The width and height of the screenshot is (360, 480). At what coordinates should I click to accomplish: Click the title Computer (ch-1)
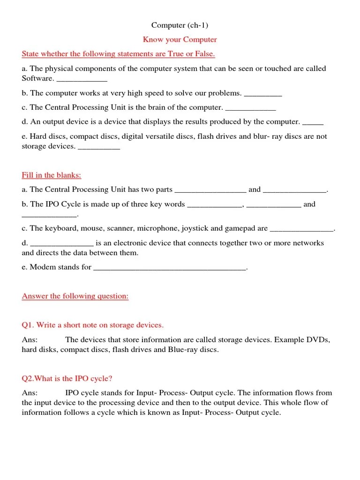click(180, 25)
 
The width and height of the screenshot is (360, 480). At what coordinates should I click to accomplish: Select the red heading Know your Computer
click(180, 39)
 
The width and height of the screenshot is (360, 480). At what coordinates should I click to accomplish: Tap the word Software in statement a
click(37, 78)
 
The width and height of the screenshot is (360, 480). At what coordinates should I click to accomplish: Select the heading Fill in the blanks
click(52, 175)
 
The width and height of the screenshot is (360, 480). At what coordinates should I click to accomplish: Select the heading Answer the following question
click(75, 296)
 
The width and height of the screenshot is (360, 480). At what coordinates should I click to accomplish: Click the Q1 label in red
click(28, 325)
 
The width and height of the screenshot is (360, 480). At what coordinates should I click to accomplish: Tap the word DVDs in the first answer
click(319, 340)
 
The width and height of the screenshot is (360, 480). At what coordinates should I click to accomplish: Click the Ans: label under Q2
click(30, 393)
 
